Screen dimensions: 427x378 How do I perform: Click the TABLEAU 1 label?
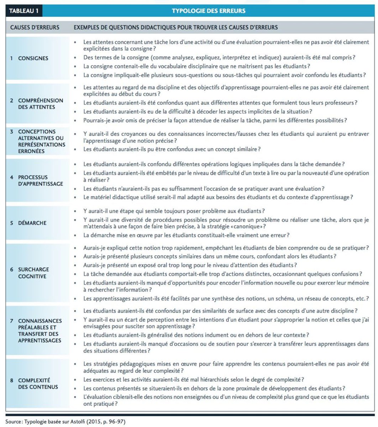pyautogui.click(x=24, y=11)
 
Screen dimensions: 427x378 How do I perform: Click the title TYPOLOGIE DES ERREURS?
pyautogui.click(x=208, y=11)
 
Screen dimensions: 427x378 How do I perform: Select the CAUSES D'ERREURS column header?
pyautogui.click(x=35, y=27)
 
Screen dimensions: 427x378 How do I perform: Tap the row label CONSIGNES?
pyautogui.click(x=33, y=58)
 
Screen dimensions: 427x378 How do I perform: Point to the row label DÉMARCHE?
pyautogui.click(x=33, y=223)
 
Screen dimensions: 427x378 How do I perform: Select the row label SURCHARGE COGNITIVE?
pyautogui.click(x=33, y=273)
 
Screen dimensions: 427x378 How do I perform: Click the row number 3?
pyautogui.click(x=12, y=132)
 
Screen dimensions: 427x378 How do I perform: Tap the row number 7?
pyautogui.click(x=12, y=321)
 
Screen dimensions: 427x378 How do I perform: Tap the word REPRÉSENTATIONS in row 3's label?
pyautogui.click(x=42, y=144)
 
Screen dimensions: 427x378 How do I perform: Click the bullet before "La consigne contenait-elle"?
pyautogui.click(x=75, y=66)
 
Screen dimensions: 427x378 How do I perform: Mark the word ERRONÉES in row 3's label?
pyautogui.click(x=31, y=151)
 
